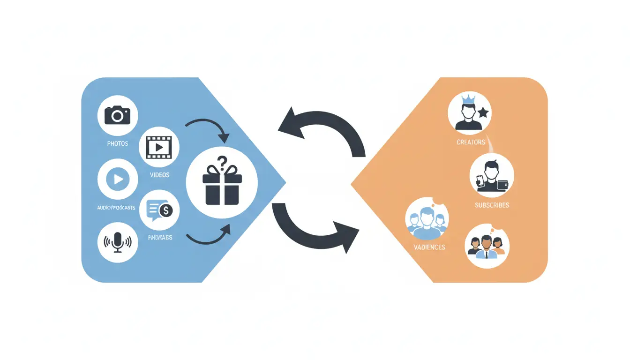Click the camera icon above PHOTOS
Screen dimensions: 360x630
(x=117, y=115)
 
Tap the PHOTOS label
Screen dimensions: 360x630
(x=117, y=143)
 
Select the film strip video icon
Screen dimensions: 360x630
(x=159, y=147)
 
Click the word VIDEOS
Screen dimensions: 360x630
(x=159, y=175)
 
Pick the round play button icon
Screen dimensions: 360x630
(x=118, y=179)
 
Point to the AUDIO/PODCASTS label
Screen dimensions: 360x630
(x=116, y=207)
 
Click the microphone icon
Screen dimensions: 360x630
(x=118, y=242)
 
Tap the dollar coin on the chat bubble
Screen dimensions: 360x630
(x=165, y=211)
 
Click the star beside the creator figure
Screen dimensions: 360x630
(x=483, y=113)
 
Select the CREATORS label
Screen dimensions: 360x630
(x=471, y=142)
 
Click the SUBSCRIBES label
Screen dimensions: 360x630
(x=492, y=205)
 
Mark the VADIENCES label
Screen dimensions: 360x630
(x=429, y=247)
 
